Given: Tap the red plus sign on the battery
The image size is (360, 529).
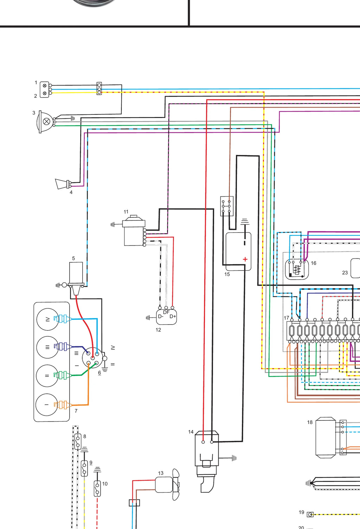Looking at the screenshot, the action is click(x=245, y=259).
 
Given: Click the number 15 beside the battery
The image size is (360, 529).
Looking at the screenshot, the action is click(x=227, y=274).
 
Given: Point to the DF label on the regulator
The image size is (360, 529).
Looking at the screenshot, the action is click(x=166, y=312).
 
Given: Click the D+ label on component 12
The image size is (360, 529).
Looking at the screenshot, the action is click(x=173, y=316).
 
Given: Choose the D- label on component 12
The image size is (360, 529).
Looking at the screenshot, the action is click(x=161, y=316).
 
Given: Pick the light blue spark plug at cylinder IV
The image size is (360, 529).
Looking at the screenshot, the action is click(x=63, y=319).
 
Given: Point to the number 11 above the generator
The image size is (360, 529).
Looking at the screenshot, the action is click(x=126, y=212).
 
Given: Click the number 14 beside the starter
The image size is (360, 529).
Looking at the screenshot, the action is click(x=191, y=432).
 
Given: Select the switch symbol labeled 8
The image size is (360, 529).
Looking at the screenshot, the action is click(x=78, y=442).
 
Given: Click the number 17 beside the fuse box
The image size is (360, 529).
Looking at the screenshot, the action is click(x=287, y=318).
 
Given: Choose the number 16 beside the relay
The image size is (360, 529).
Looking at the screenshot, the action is click(x=314, y=263).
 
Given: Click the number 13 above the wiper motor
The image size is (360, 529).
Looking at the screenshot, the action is click(x=161, y=473).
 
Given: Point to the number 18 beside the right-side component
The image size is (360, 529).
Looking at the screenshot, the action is click(x=310, y=422).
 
